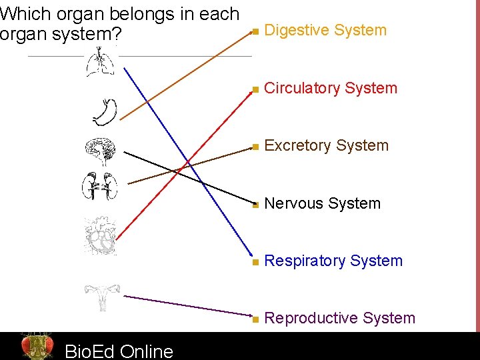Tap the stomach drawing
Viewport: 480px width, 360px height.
tap(105, 112)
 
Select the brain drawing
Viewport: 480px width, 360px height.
tap(101, 153)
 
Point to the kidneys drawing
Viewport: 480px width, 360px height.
tap(100, 186)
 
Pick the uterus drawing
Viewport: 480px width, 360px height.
tap(101, 297)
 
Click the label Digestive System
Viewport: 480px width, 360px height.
tap(325, 30)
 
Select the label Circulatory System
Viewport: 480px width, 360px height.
tap(331, 88)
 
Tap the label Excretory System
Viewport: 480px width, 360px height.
tap(327, 145)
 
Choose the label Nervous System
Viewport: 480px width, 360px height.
tap(323, 203)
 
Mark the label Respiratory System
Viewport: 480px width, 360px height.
tap(333, 261)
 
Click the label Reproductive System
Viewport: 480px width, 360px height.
tap(340, 318)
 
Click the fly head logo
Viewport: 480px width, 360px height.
tap(37, 346)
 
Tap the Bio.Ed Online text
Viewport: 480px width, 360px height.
tap(119, 351)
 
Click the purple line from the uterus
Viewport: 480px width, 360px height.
tap(187, 307)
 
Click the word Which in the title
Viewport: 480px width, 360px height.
tap(21, 13)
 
